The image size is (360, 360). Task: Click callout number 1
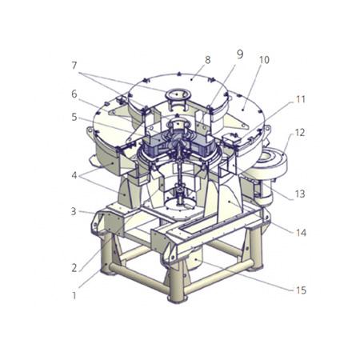(74, 295)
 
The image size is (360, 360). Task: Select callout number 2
(74, 268)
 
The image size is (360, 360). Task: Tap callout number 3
(74, 211)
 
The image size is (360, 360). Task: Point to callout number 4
(74, 175)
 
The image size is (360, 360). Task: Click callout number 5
(74, 117)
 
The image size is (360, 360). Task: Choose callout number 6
(74, 94)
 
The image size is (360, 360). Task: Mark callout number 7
(74, 66)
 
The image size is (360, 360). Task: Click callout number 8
(208, 60)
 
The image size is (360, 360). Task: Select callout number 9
(240, 54)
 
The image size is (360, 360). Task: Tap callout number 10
(264, 60)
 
